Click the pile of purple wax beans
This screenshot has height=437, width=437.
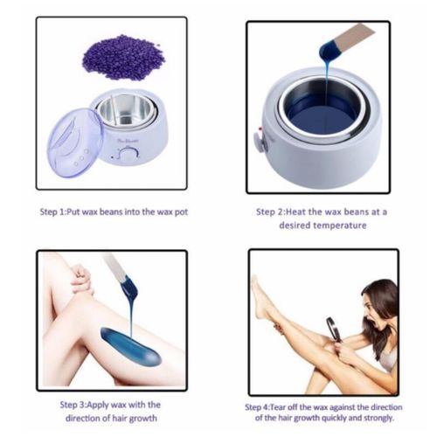[124, 57]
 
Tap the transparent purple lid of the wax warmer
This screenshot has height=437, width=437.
[75, 142]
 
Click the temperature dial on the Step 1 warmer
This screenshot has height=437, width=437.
[128, 154]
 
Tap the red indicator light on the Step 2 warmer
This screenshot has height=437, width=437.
[259, 130]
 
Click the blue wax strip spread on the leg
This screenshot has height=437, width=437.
[130, 347]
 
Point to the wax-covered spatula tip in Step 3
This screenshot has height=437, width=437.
[129, 286]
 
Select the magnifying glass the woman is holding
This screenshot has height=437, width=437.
[334, 330]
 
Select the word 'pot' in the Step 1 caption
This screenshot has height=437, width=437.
[181, 212]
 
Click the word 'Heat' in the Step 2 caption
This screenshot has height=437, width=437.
[295, 212]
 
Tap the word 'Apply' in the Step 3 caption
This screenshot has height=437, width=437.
[99, 406]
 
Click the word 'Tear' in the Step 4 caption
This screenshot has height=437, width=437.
[279, 407]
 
